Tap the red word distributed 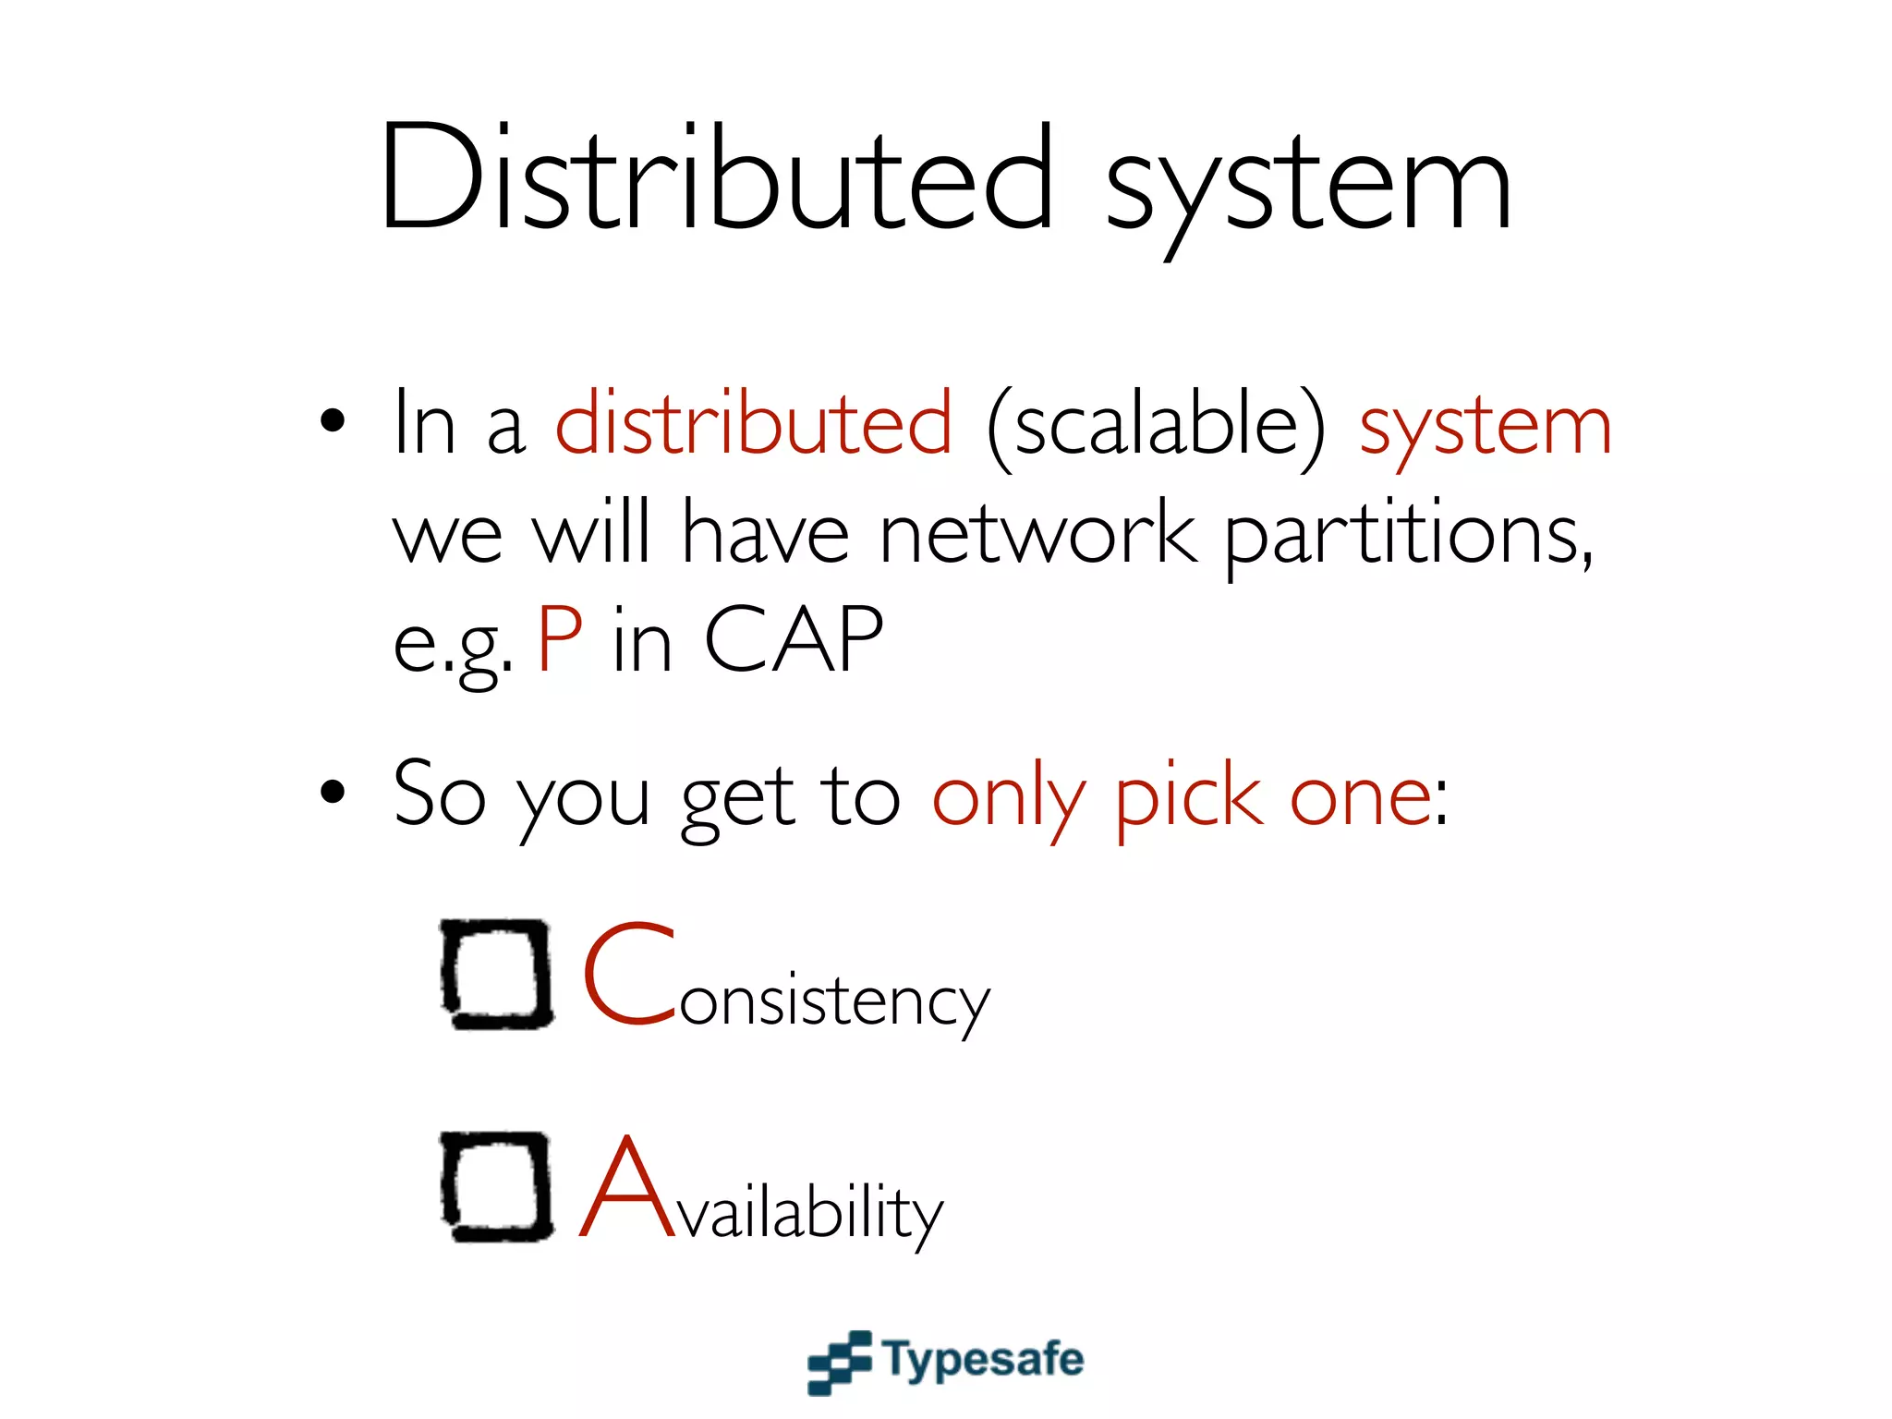(753, 423)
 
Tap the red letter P (560, 639)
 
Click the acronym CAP (793, 639)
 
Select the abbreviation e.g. (453, 644)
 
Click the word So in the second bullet (439, 794)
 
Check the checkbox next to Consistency (497, 973)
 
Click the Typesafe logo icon (839, 1361)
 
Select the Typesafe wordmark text (983, 1359)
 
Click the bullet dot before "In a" (333, 421)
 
